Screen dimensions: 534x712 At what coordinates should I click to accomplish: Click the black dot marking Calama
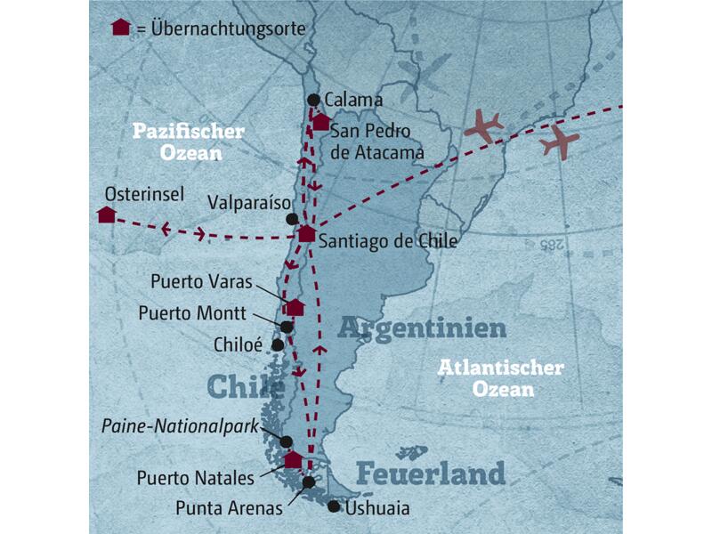312,100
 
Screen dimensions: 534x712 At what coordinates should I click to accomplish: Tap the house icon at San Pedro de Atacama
320,123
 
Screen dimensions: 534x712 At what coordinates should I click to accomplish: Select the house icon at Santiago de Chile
306,234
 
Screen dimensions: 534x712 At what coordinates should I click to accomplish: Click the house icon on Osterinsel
106,214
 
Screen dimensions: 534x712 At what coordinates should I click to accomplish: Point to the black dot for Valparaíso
291,218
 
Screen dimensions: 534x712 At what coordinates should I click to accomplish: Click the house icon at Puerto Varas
295,307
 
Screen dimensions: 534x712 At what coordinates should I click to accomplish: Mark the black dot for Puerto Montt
287,327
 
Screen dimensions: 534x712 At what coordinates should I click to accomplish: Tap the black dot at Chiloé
278,344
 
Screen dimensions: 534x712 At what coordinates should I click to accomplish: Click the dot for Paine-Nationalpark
286,441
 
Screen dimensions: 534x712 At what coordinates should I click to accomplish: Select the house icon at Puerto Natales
292,459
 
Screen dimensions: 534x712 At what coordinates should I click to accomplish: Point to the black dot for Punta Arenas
308,482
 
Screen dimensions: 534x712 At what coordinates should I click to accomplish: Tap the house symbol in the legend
120,28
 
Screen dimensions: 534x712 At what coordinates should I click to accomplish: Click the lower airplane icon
558,141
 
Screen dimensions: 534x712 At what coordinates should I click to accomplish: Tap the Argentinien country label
422,329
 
